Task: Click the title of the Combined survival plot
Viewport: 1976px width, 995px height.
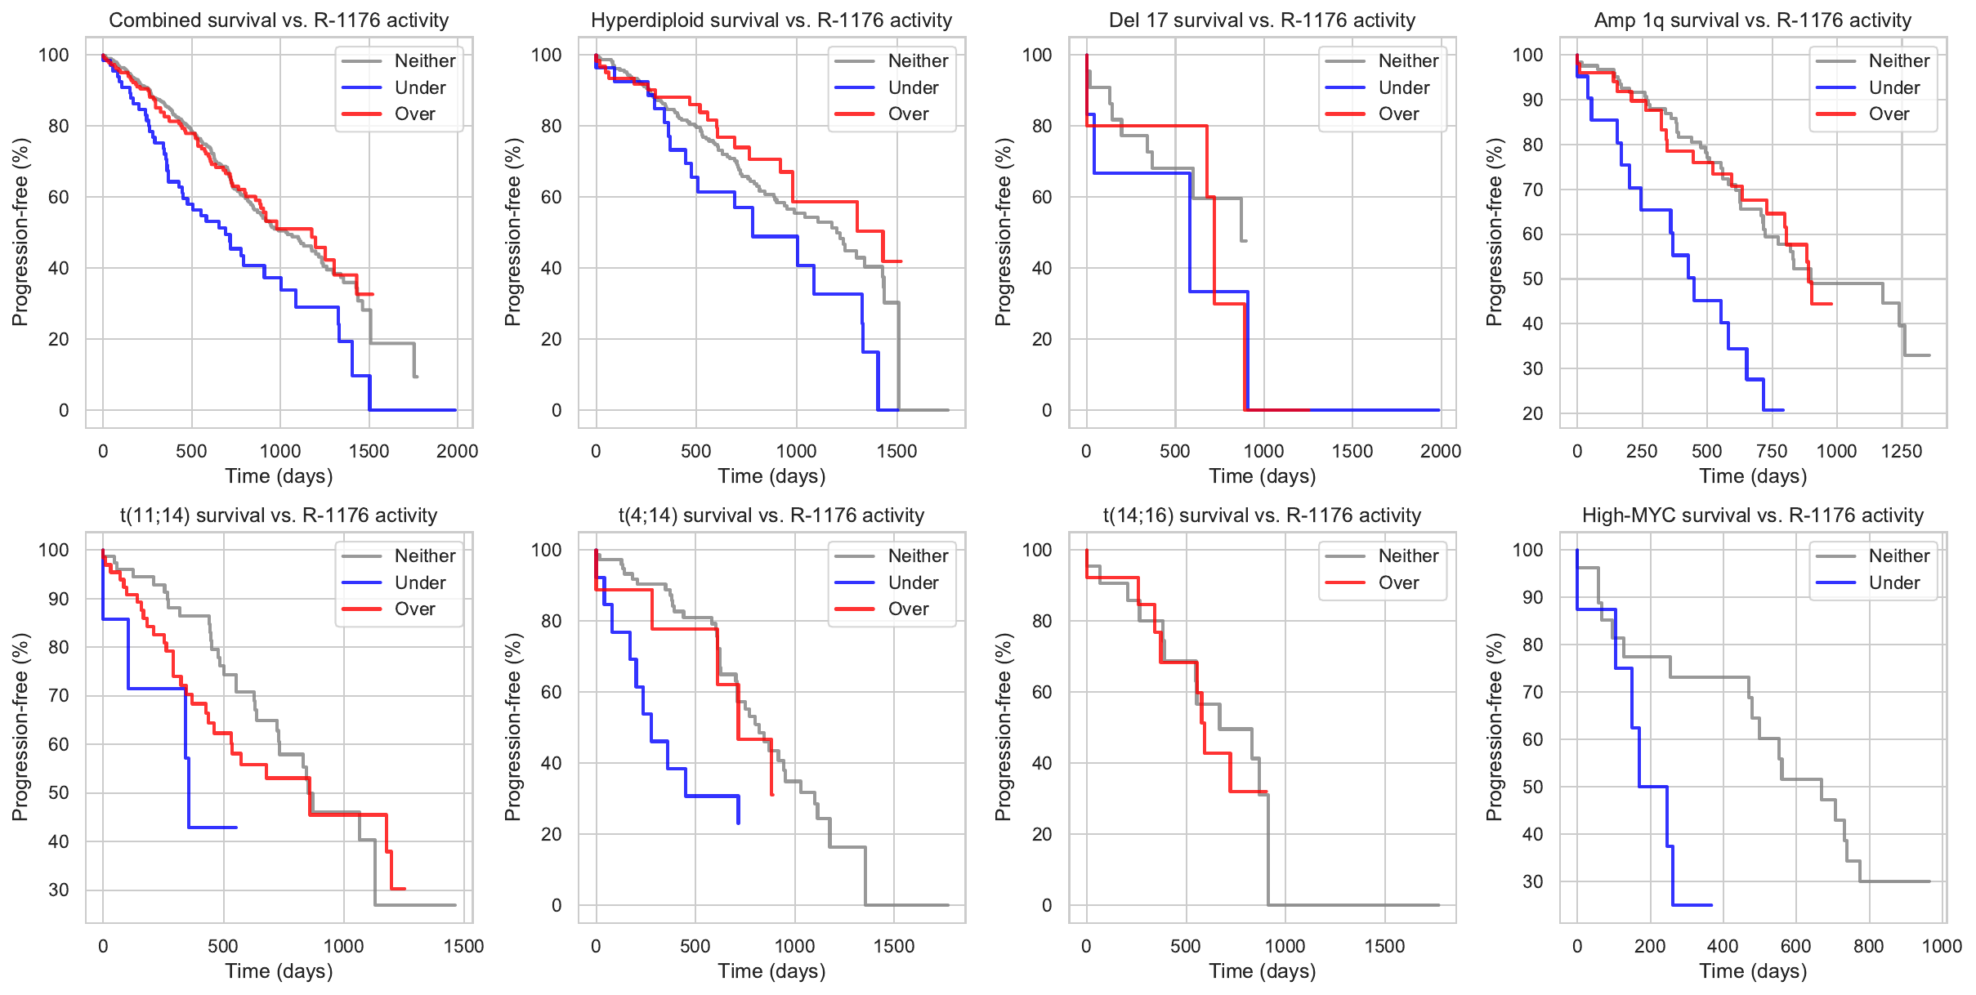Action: [x=279, y=20]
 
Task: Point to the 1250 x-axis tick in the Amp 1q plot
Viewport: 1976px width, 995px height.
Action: [x=1902, y=451]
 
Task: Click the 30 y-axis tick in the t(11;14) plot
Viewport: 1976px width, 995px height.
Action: [x=59, y=890]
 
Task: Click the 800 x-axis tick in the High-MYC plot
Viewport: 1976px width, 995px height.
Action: [x=1869, y=946]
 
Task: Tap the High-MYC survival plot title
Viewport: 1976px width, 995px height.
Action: [x=1753, y=515]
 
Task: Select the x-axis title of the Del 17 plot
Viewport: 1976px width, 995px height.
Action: [x=1263, y=475]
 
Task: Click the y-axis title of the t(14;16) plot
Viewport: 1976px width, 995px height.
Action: [x=1004, y=727]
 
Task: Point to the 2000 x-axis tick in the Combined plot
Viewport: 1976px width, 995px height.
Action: [x=457, y=451]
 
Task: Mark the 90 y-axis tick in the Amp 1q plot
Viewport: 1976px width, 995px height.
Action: [x=1528, y=100]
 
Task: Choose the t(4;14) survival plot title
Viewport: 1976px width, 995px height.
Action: [x=771, y=515]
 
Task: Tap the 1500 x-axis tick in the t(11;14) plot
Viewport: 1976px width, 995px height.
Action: [x=464, y=946]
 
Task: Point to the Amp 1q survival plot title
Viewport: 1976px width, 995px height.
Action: [x=1753, y=20]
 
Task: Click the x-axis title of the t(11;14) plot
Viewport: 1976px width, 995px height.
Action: [x=279, y=970]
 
